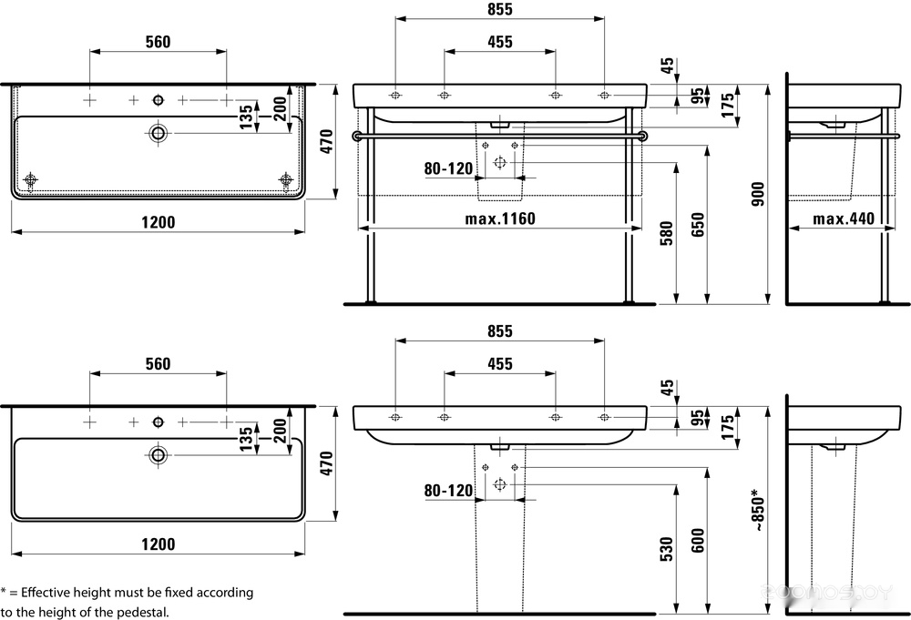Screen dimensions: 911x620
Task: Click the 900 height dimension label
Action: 758,194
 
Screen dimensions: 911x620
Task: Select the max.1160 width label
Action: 500,219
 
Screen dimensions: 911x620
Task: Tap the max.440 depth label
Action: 844,219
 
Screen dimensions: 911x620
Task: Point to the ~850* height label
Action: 758,511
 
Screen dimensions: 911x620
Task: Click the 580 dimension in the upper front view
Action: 667,233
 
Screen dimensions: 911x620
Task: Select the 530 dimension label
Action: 667,549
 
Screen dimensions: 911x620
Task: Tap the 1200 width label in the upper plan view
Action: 158,222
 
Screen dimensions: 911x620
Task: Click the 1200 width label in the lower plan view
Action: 158,544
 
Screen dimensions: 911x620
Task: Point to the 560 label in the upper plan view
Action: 158,42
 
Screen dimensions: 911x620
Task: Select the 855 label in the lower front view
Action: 500,331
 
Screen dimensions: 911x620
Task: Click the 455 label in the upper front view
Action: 500,42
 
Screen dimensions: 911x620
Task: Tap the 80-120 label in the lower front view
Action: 448,491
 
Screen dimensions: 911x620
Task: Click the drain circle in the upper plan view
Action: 158,133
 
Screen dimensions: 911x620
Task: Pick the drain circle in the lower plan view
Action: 158,455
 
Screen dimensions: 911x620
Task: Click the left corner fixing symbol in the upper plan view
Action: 30,179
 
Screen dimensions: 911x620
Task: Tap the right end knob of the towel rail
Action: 642,136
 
